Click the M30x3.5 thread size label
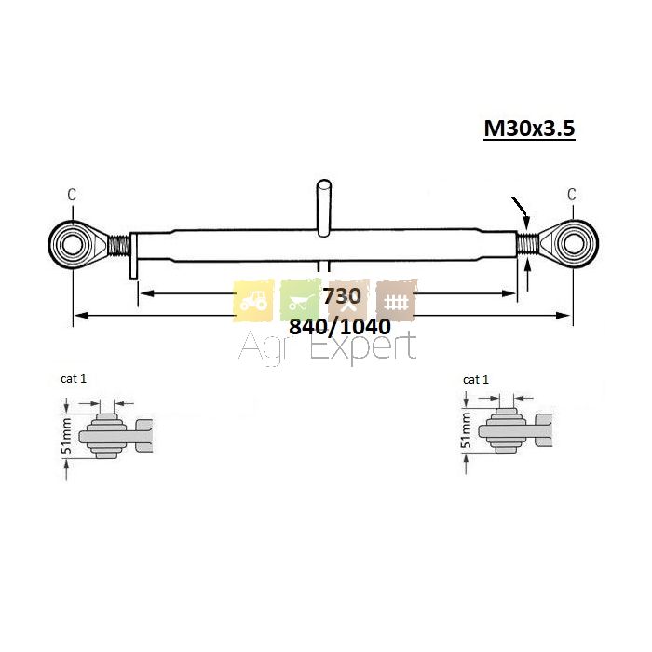click(529, 129)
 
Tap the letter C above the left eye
click(72, 194)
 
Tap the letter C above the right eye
click(572, 194)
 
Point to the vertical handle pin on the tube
click(323, 208)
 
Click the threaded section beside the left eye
click(118, 244)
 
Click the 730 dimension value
click(342, 296)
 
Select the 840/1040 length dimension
click(340, 327)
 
